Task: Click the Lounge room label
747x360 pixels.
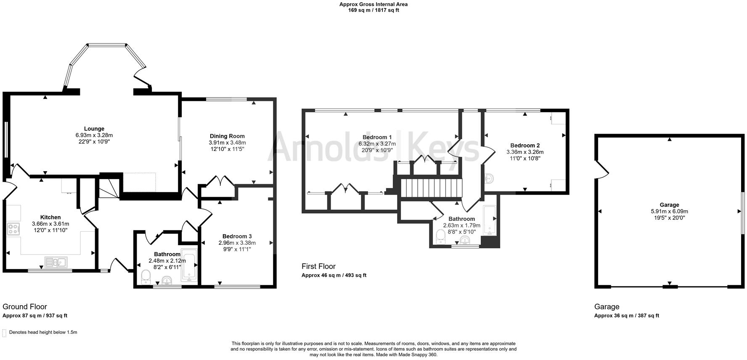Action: click(x=94, y=129)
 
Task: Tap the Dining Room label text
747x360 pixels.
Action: click(x=227, y=136)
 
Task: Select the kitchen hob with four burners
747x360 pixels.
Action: click(x=13, y=229)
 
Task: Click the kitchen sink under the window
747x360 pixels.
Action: click(x=56, y=262)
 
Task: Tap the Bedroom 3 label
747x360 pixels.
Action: click(x=237, y=236)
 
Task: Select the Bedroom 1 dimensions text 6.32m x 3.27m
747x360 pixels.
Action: click(x=377, y=143)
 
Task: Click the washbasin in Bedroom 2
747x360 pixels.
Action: click(x=489, y=179)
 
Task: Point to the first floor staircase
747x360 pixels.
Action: click(x=430, y=188)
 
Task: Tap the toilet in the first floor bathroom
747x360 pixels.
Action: click(x=440, y=237)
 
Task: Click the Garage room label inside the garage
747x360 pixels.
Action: click(x=669, y=205)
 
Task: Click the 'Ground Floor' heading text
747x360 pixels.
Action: click(x=25, y=307)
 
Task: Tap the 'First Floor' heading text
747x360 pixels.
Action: click(x=318, y=266)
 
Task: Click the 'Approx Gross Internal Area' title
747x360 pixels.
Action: click(x=373, y=4)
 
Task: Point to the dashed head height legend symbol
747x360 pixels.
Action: click(x=4, y=333)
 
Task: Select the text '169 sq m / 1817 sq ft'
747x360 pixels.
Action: click(x=373, y=10)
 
